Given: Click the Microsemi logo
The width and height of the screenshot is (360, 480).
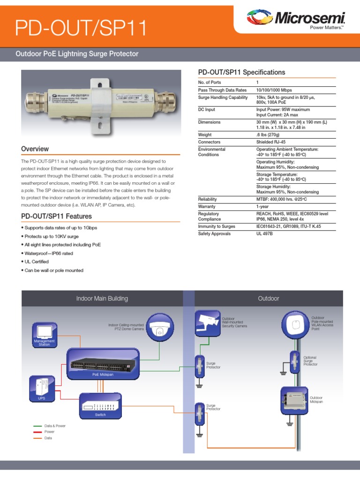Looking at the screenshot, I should click(x=296, y=19).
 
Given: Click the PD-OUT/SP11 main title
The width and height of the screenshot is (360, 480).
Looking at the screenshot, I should click(x=81, y=29).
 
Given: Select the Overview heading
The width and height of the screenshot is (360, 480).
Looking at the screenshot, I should click(x=35, y=149).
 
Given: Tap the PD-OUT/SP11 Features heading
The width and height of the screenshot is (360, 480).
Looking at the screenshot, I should click(x=56, y=217).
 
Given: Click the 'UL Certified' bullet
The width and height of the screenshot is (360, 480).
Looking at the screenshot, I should click(x=35, y=262).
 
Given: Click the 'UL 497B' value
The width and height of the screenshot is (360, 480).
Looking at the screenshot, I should click(x=264, y=233).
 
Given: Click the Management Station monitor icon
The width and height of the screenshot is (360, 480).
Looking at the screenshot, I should click(x=45, y=332).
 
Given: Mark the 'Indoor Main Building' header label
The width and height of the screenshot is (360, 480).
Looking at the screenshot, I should click(x=102, y=299).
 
